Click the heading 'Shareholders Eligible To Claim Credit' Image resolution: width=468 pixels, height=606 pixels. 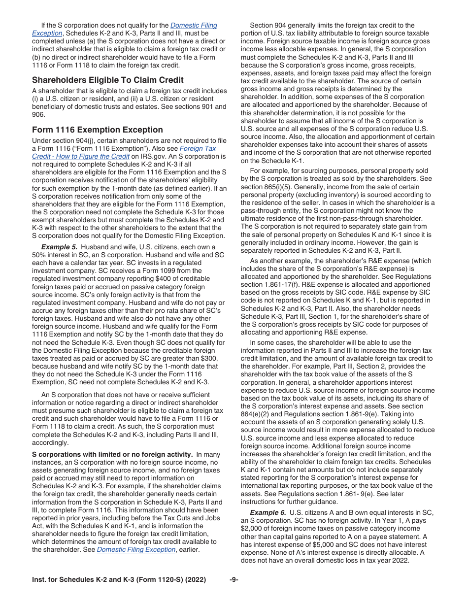coord(107,80)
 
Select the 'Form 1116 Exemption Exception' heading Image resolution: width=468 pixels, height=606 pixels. coord(97,130)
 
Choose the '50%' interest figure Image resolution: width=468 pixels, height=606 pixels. coord(39,255)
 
